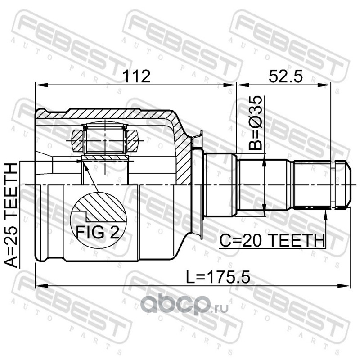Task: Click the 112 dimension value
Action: (x=136, y=76)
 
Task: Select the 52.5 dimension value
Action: (x=286, y=76)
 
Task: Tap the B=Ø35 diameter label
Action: (x=255, y=123)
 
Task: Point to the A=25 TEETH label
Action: (x=11, y=215)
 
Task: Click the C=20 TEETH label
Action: (x=272, y=240)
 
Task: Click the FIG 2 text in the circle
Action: (x=98, y=232)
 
